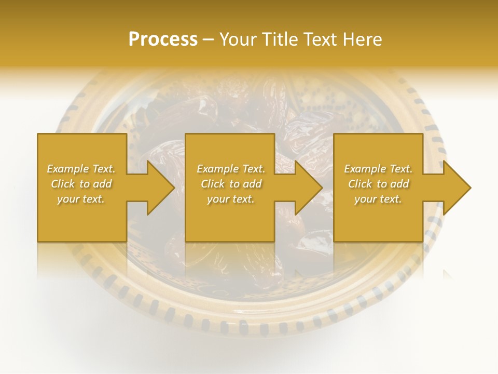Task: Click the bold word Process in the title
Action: [x=163, y=39]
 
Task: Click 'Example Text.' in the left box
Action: [x=81, y=169]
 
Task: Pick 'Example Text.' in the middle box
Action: [x=231, y=169]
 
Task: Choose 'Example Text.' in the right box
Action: [x=378, y=169]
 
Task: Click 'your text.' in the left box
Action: [x=81, y=199]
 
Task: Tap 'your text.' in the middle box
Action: [x=231, y=199]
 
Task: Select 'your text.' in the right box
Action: [x=378, y=199]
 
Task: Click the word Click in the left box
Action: [x=63, y=184]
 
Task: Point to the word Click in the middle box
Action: [x=213, y=184]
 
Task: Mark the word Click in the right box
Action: [x=360, y=184]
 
